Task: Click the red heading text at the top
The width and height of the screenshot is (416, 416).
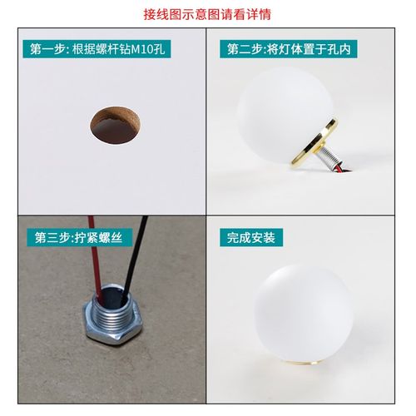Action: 208,15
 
